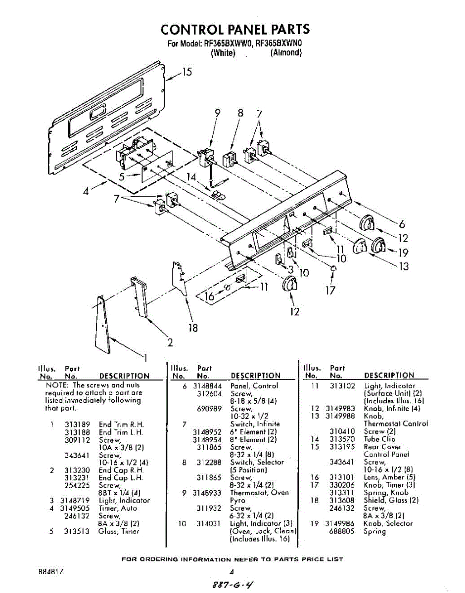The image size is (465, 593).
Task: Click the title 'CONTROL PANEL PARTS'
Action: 235,29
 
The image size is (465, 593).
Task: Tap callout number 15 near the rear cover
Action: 186,73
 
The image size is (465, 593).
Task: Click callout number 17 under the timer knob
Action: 330,290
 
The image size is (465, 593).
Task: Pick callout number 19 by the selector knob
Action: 403,253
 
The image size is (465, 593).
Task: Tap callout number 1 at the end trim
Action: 145,358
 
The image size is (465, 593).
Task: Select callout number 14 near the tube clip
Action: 191,177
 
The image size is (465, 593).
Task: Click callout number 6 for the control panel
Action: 402,223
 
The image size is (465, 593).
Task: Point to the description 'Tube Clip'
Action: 379,439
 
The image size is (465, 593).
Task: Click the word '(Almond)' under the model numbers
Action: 286,53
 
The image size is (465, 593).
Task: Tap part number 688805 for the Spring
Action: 342,531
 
